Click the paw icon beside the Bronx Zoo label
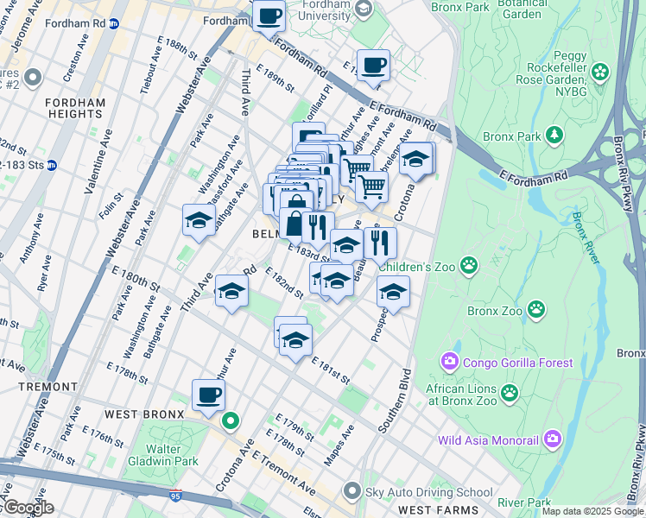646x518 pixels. click(x=536, y=308)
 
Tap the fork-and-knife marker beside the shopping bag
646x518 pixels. click(x=318, y=227)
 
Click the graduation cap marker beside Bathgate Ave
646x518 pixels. click(x=199, y=220)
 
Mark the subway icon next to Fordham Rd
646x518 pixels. click(x=113, y=24)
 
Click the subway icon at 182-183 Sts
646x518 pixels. click(x=52, y=165)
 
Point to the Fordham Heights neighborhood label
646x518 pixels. click(x=74, y=108)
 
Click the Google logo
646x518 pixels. click(x=28, y=508)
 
